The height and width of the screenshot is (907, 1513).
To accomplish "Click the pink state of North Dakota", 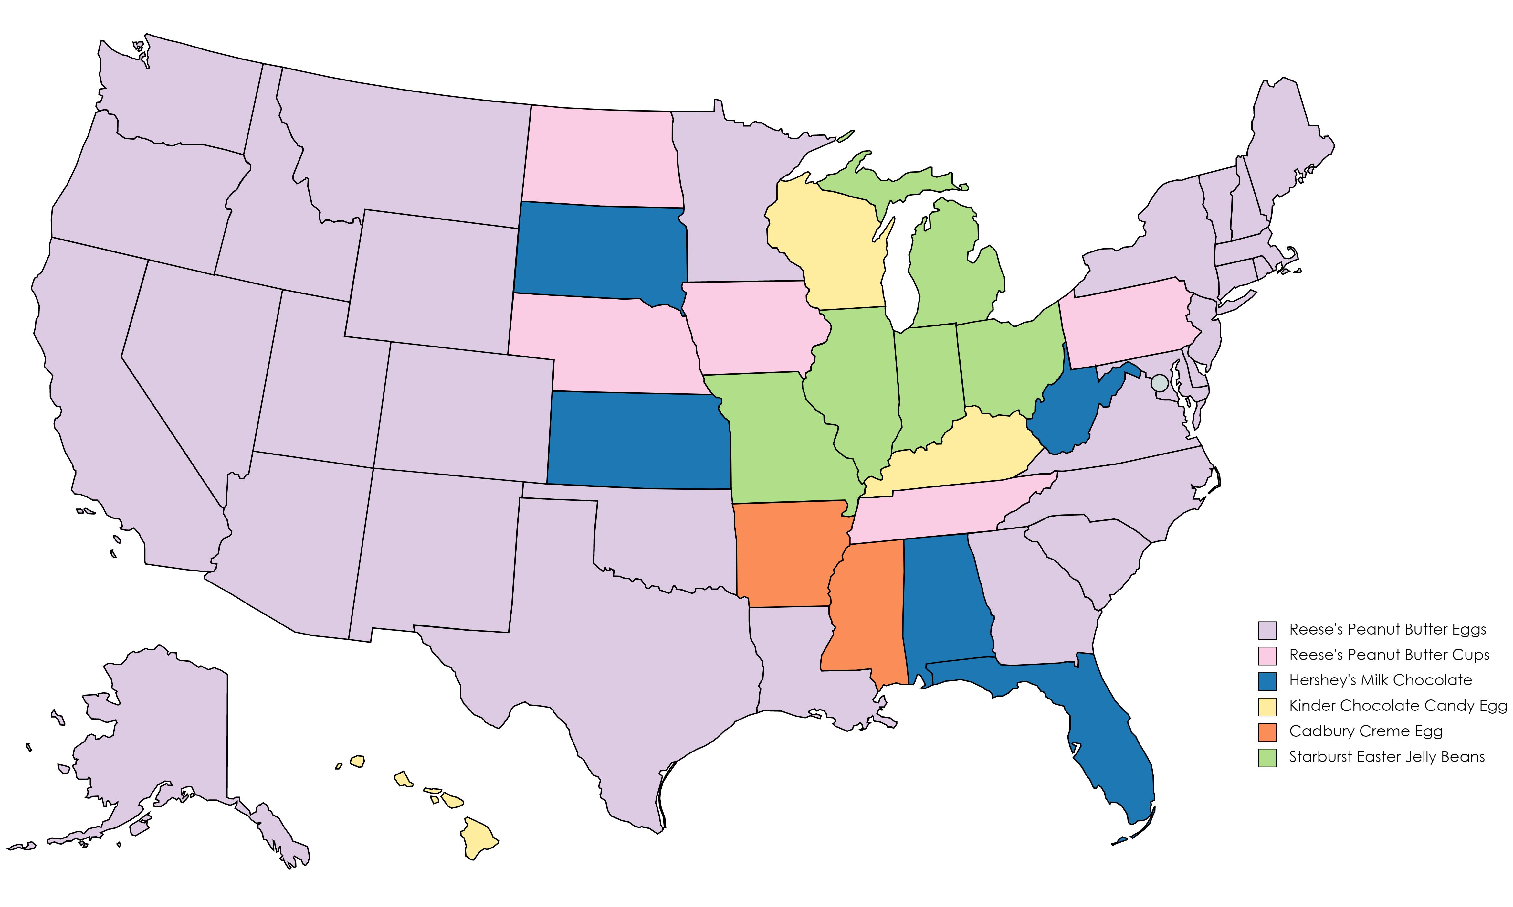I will (602, 156).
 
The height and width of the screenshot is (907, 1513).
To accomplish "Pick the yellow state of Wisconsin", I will (825, 244).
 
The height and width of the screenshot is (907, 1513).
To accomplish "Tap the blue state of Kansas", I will (638, 440).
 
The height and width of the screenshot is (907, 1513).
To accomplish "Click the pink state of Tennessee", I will (941, 510).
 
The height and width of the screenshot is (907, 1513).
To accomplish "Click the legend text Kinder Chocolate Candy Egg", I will (1398, 706).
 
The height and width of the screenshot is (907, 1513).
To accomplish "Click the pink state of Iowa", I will (751, 327).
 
